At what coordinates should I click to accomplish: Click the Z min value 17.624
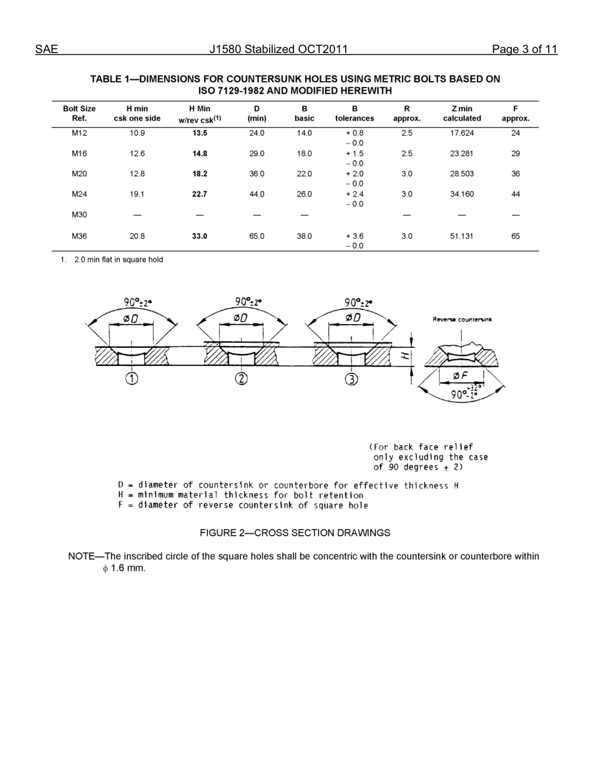pos(461,133)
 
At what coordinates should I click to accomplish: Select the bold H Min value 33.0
pos(199,237)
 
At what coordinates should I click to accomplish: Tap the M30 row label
pos(79,215)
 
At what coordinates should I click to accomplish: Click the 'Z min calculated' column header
pos(461,113)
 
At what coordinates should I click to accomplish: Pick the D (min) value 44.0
pos(257,194)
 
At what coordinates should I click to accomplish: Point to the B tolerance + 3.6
pos(354,237)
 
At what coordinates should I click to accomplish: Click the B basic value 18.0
pos(304,154)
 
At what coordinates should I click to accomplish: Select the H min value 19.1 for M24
pos(137,194)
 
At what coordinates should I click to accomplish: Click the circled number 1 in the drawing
pos(132,378)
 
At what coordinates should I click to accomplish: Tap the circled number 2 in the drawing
pos(242,378)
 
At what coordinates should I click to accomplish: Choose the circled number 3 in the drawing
pos(352,379)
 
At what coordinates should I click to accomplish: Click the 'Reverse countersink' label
pos(462,320)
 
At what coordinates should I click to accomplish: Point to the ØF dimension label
pos(461,375)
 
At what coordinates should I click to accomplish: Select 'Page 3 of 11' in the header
pos(524,50)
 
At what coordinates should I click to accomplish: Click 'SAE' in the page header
pos(46,50)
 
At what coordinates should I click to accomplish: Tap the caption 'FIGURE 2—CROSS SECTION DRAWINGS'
pos(295,533)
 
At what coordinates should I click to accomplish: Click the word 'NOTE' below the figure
pos(81,556)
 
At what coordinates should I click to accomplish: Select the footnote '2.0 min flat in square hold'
pos(119,260)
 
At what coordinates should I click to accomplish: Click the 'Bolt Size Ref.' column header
pos(79,113)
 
